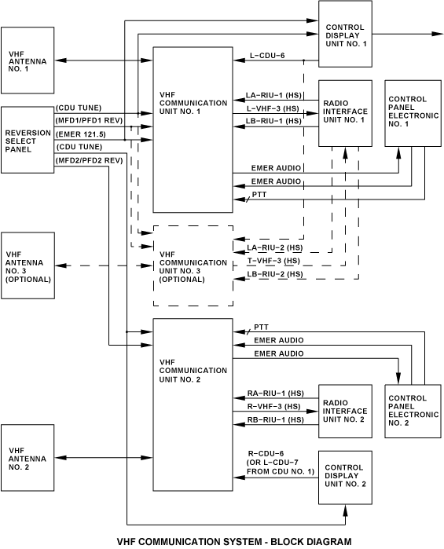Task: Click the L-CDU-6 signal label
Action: point(267,55)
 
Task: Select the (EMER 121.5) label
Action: point(81,134)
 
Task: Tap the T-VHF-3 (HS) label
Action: point(273,261)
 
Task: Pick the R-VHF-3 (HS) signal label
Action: point(274,407)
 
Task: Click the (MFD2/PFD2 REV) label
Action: point(89,160)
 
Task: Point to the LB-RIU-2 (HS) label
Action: point(275,274)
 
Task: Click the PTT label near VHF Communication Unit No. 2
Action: point(261,327)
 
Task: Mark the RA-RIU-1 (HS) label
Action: point(276,393)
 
